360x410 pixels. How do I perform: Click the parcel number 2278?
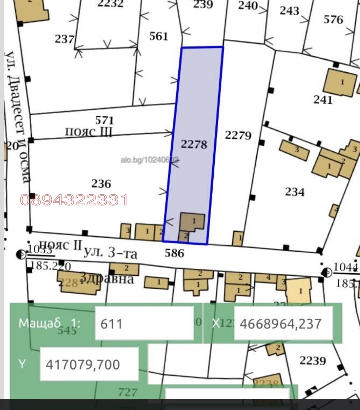coord(194,144)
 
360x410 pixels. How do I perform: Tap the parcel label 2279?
coord(238,135)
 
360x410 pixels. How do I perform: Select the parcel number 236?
coord(101,184)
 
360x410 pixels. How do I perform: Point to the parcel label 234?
coord(295,192)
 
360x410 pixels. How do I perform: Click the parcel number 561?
coord(158,36)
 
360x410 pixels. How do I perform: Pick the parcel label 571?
coord(104,120)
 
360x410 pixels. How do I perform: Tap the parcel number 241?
coord(323,100)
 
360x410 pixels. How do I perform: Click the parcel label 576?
coord(333,19)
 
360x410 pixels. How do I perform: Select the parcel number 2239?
coord(312,361)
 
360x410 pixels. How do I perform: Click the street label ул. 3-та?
coord(110,253)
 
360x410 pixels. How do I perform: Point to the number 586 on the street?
coord(174,253)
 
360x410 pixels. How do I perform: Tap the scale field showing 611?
coord(144,324)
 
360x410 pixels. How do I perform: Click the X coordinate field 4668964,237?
coord(283,324)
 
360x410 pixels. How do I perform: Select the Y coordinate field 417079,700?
coord(89,364)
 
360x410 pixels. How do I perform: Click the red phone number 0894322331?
coord(74,200)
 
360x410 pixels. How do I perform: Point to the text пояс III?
coord(89,132)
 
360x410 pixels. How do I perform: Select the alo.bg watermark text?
coord(150,161)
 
